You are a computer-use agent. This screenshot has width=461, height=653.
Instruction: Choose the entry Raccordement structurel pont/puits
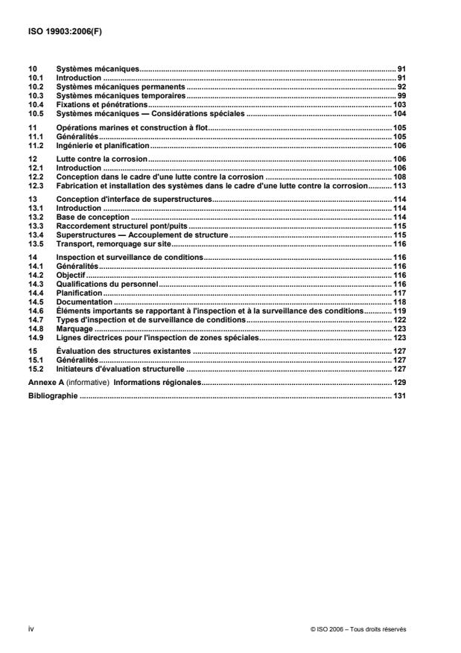123,226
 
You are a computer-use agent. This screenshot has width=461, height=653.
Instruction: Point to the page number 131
398,396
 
